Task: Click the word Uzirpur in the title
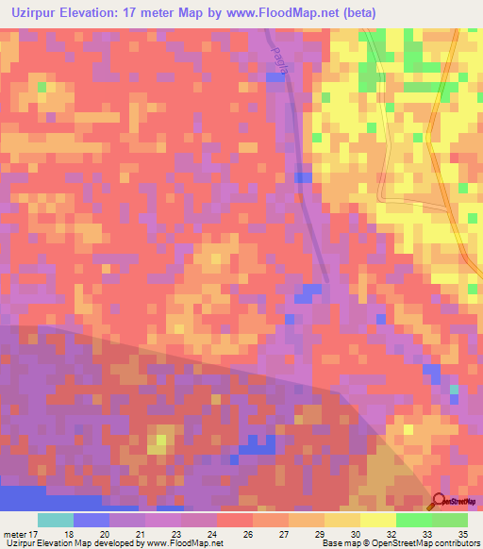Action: click(x=31, y=11)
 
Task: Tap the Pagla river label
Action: click(x=277, y=42)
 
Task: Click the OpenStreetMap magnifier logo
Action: click(x=440, y=501)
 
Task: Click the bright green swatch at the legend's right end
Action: click(x=449, y=520)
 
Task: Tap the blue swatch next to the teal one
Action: click(x=92, y=520)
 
